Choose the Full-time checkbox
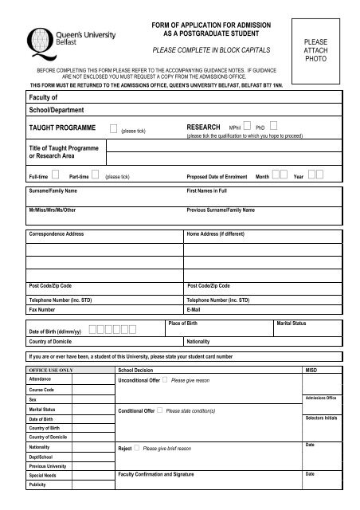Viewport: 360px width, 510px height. tap(56, 175)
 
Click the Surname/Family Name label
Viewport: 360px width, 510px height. tap(53, 192)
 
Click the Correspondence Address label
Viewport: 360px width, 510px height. tap(57, 235)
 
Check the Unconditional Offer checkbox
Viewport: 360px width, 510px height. tap(164, 381)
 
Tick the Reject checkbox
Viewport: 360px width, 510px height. tap(137, 449)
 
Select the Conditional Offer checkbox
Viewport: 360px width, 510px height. tap(158, 410)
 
